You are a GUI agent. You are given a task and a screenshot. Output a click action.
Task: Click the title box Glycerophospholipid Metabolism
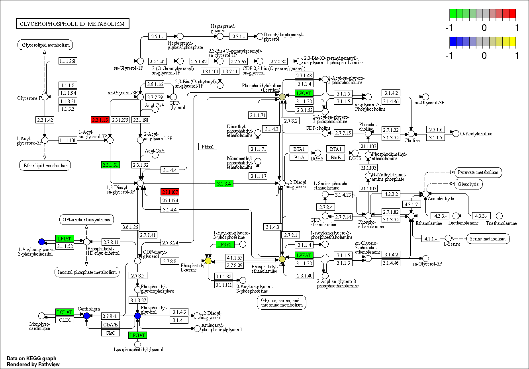72,24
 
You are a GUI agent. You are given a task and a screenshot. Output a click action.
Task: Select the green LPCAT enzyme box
304,93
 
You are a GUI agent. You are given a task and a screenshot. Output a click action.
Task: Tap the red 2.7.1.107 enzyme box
170,192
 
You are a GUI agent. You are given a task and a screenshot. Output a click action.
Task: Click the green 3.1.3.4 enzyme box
223,184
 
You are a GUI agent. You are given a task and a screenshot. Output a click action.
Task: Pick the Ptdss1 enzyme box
208,146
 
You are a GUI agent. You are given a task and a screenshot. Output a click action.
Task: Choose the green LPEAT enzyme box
304,255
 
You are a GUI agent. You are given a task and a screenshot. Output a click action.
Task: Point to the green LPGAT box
138,335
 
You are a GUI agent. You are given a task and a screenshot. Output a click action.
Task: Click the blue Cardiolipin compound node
86,316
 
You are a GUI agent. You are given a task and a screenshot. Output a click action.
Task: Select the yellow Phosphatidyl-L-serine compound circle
208,261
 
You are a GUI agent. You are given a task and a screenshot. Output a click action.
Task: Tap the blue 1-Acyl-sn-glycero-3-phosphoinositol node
41,242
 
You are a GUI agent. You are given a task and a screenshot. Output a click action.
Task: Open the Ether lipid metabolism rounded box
45,166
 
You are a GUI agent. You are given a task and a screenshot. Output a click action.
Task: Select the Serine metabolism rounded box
487,239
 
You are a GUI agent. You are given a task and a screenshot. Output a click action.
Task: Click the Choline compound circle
411,134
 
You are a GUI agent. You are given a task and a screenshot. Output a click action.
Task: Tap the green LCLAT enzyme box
65,312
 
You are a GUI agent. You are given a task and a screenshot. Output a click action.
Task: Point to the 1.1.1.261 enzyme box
67,61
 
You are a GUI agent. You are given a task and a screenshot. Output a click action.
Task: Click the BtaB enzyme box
336,157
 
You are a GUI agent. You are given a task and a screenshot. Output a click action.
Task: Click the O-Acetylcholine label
476,134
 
